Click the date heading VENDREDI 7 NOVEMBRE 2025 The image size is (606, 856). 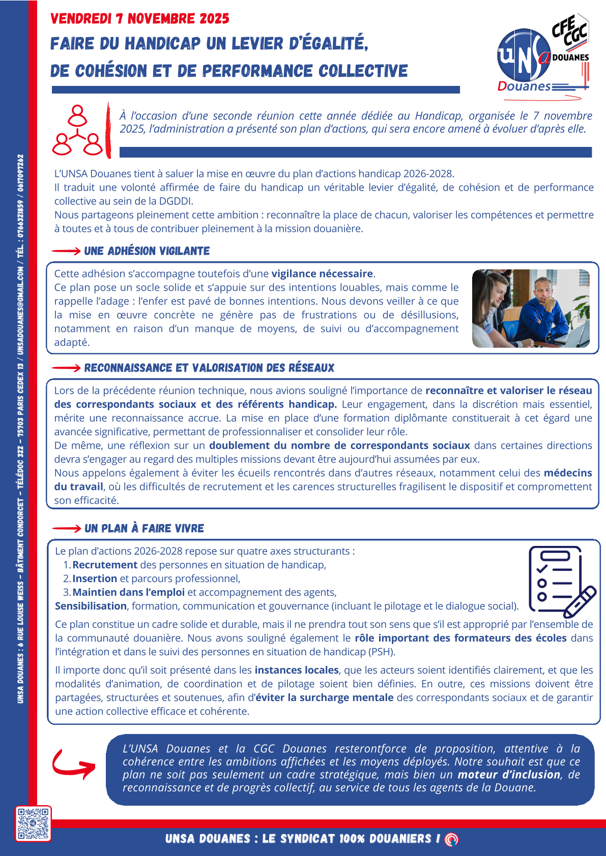pyautogui.click(x=140, y=19)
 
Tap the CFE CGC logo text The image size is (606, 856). pyautogui.click(x=569, y=31)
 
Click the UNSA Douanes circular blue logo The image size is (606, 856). pyautogui.click(x=524, y=56)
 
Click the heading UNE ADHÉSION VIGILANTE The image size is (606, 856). pyautogui.click(x=147, y=251)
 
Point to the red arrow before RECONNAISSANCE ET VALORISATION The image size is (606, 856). pyautogui.click(x=66, y=368)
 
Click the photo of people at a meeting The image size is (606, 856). pyautogui.click(x=531, y=309)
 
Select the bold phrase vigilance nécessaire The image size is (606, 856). pyautogui.click(x=323, y=274)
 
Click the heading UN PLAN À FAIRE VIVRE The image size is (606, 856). pyautogui.click(x=144, y=529)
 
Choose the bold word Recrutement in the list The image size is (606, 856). pyautogui.click(x=105, y=565)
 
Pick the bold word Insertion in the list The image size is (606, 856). pyautogui.click(x=95, y=578)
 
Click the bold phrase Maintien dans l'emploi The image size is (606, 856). pyautogui.click(x=128, y=592)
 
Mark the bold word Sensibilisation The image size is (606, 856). pyautogui.click(x=91, y=606)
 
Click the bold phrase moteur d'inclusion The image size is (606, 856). pyautogui.click(x=509, y=775)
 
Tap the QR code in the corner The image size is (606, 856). pyautogui.click(x=33, y=823)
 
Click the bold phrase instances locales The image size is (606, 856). pyautogui.click(x=297, y=670)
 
